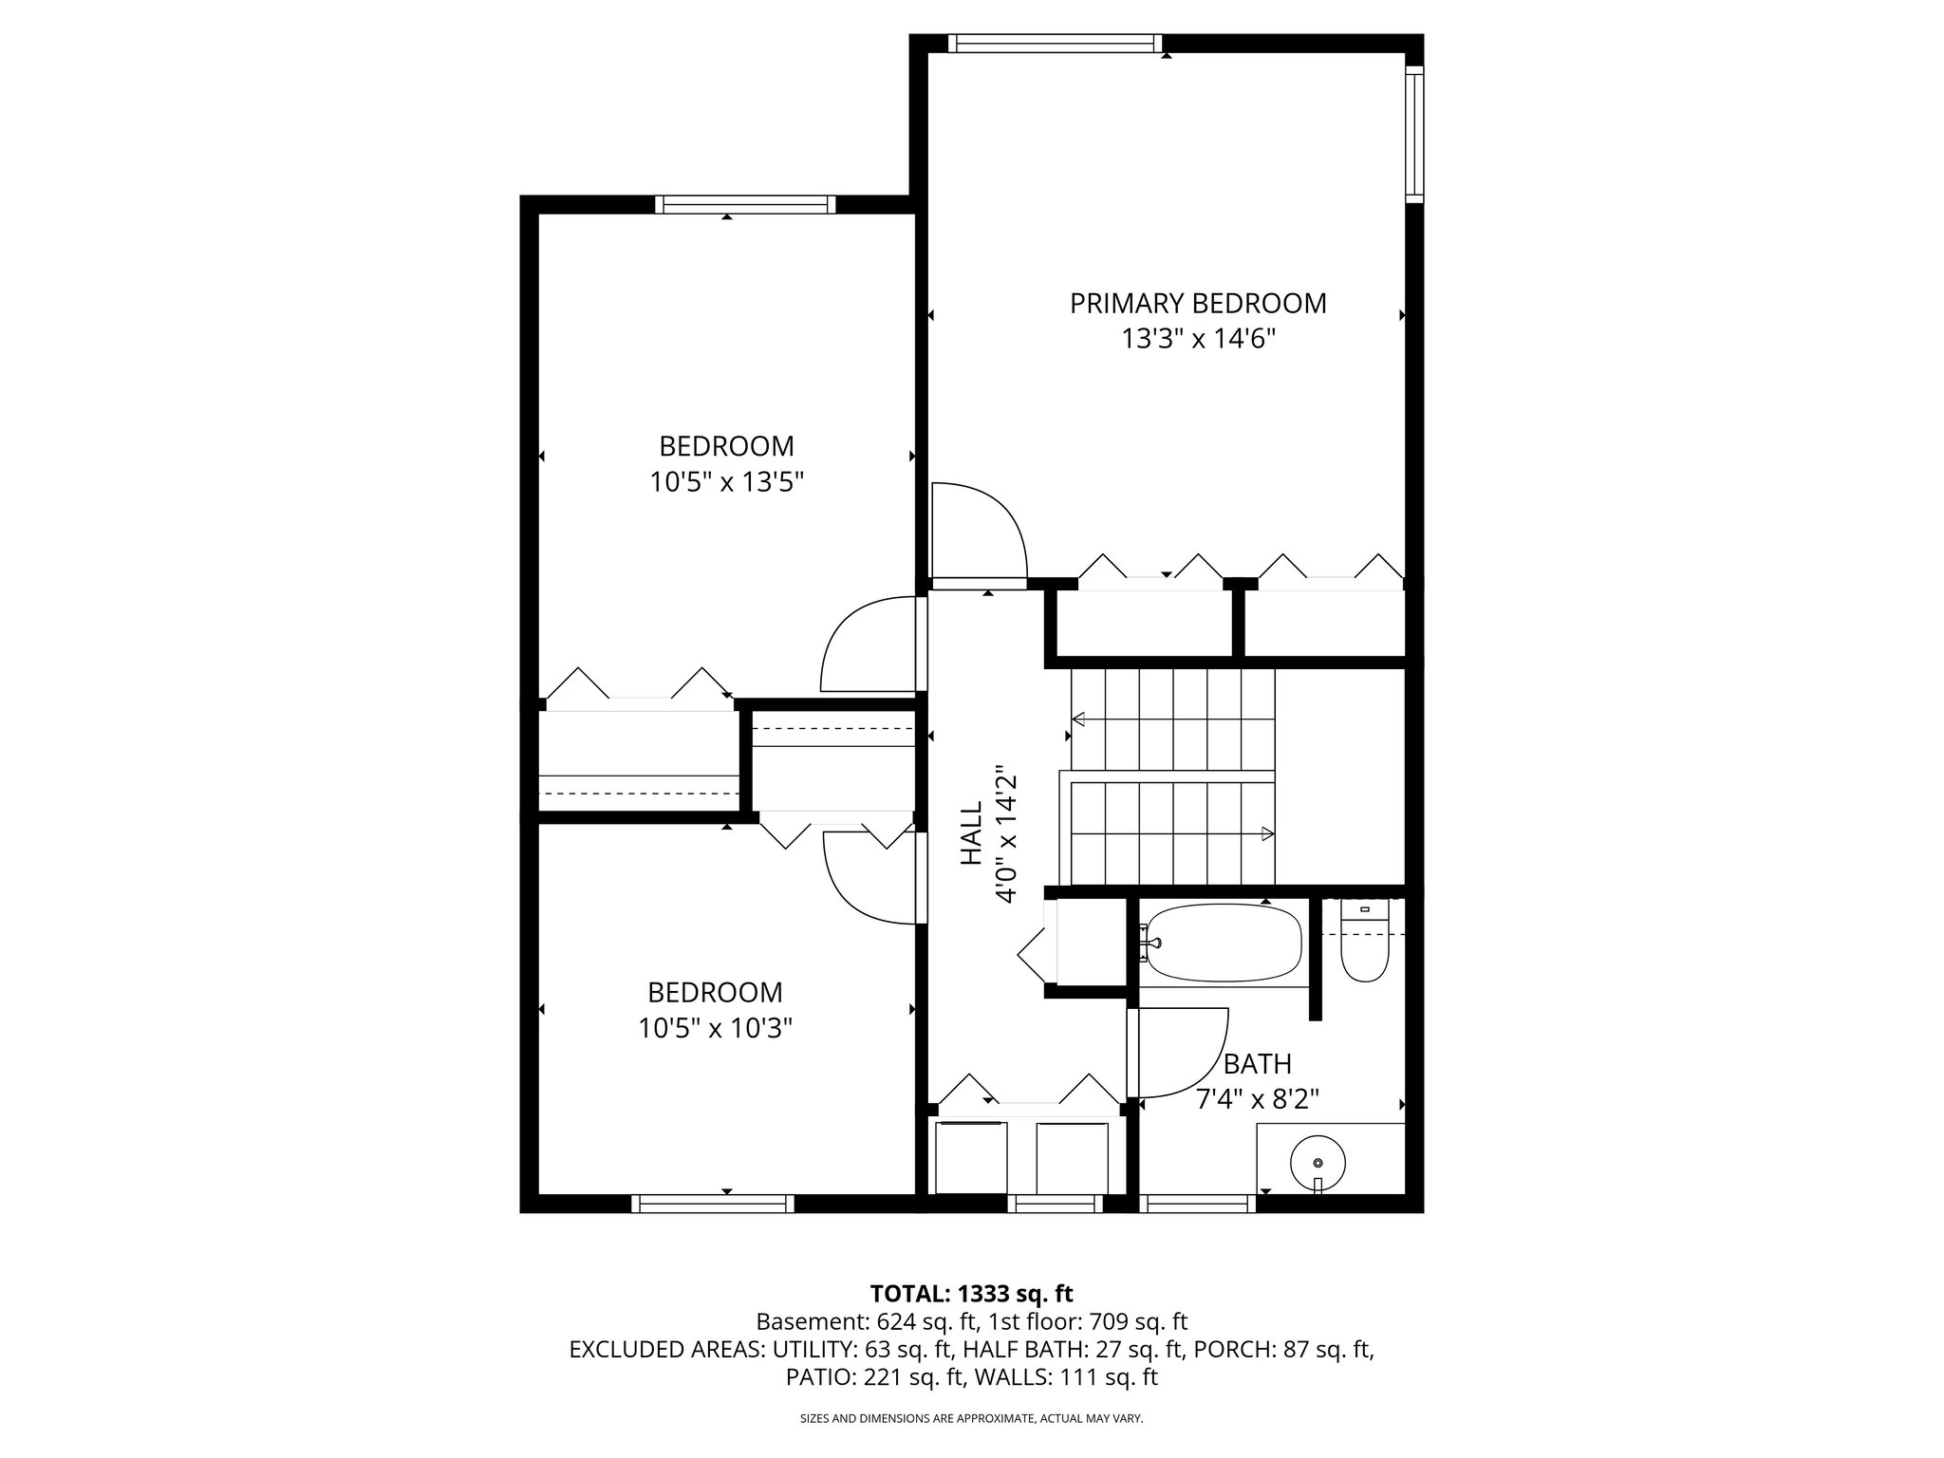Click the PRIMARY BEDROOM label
click(1198, 304)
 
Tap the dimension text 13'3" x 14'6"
click(1198, 340)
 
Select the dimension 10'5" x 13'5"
click(726, 483)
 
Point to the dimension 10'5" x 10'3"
click(715, 1028)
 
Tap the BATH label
click(1257, 1063)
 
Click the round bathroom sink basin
click(1318, 1163)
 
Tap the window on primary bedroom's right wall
click(1414, 135)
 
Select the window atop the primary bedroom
click(1055, 43)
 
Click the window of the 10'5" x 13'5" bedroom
click(745, 204)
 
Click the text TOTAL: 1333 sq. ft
click(971, 1293)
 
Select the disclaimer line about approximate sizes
click(971, 1418)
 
